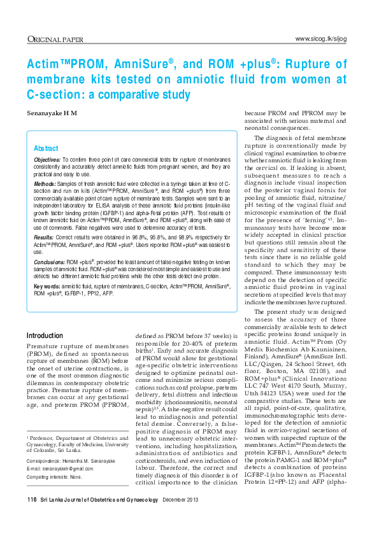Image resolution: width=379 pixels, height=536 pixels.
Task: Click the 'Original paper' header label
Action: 55,39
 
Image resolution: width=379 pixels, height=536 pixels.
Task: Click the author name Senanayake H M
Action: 52,113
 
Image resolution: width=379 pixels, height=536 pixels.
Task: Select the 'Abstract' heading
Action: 45,148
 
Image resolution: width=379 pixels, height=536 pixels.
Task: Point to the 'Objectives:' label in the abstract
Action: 46,158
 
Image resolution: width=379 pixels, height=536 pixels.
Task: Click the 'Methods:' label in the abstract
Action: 44,183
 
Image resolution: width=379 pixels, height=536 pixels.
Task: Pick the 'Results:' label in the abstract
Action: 43,236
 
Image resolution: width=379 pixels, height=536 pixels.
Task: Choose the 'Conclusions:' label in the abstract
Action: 49,261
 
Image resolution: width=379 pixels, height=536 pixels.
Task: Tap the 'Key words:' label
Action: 46,287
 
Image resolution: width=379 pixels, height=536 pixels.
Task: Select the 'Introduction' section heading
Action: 45,335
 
